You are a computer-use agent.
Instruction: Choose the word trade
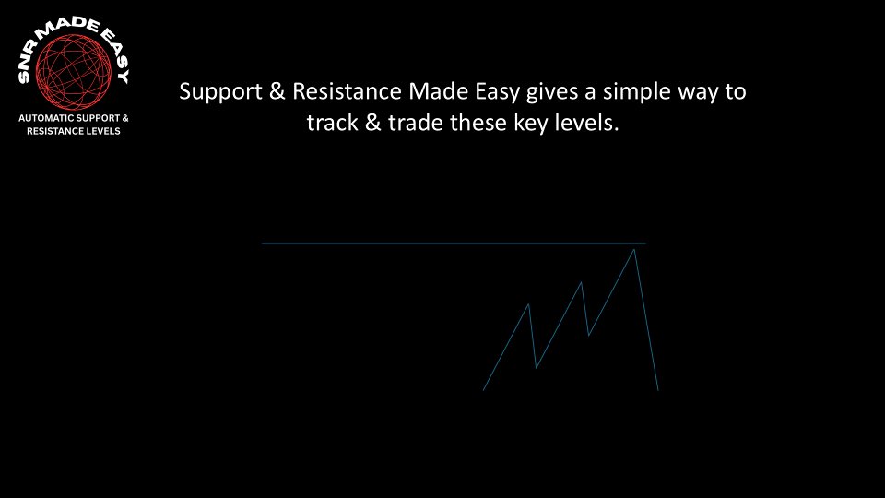pos(415,123)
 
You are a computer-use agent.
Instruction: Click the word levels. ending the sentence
pos(585,123)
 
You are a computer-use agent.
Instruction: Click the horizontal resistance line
pos(415,243)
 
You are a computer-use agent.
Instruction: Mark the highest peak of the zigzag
pos(634,250)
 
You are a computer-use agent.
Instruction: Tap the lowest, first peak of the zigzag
pos(528,303)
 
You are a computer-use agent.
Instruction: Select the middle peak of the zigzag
pos(582,282)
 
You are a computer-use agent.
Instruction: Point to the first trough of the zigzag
pos(537,368)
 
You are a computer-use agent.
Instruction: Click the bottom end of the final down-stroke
pos(657,390)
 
